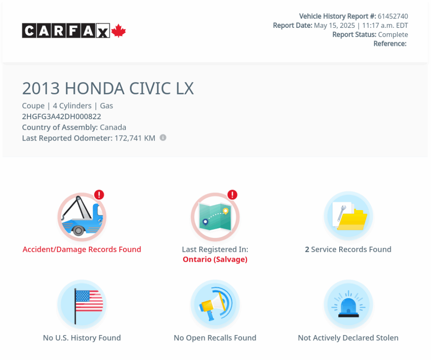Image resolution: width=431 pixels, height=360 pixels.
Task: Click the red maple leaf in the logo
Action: pyautogui.click(x=118, y=31)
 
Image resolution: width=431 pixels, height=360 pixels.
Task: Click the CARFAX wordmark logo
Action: pyautogui.click(x=66, y=31)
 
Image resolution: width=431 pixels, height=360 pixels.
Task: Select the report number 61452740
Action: pyautogui.click(x=393, y=16)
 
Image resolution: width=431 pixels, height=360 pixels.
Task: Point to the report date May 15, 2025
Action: pyautogui.click(x=335, y=26)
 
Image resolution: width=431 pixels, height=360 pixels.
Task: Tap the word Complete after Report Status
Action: pyautogui.click(x=393, y=35)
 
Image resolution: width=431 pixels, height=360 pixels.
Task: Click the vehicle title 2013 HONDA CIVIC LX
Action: pyautogui.click(x=108, y=88)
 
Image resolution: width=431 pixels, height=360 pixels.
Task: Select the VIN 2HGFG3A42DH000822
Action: pyautogui.click(x=61, y=117)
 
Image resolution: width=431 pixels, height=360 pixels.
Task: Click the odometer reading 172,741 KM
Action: pyautogui.click(x=135, y=138)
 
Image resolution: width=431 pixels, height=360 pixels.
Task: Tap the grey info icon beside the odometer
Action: pyautogui.click(x=163, y=138)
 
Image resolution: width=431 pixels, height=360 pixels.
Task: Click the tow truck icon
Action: pyautogui.click(x=82, y=217)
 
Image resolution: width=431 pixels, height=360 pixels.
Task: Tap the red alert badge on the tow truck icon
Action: pyautogui.click(x=99, y=195)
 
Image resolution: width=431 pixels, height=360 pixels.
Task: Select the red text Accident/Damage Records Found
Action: pyautogui.click(x=82, y=249)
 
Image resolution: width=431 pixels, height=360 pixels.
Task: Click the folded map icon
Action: pyautogui.click(x=215, y=217)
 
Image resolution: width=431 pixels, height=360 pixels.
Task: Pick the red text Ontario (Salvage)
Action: pyautogui.click(x=215, y=259)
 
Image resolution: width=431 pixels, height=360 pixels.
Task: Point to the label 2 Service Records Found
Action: pyautogui.click(x=348, y=249)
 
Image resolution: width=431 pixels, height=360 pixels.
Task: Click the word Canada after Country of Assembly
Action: pyautogui.click(x=113, y=127)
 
